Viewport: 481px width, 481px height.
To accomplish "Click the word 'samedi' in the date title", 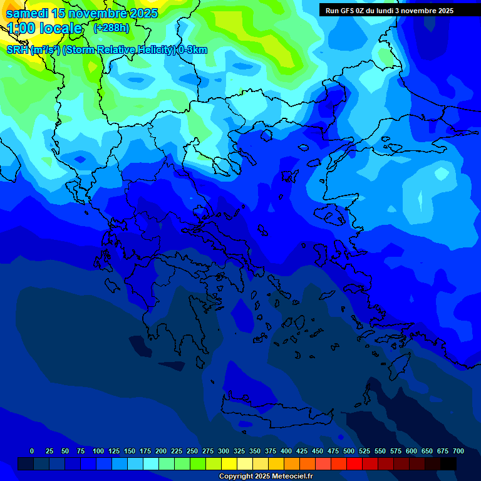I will tap(27, 13).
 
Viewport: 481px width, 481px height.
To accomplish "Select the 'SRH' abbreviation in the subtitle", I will tap(18, 50).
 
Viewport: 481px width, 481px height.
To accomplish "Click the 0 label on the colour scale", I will tap(32, 451).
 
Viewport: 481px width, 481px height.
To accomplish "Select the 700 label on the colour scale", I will tap(458, 451).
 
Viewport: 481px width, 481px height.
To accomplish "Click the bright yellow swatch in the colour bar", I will tap(229, 463).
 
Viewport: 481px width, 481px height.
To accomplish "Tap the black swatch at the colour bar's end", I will tap(448, 463).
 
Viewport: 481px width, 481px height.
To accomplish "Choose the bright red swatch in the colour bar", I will tap(354, 463).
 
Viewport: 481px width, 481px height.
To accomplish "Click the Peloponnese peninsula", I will tap(175, 319).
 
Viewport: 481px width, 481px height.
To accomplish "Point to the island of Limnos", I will tap(289, 175).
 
